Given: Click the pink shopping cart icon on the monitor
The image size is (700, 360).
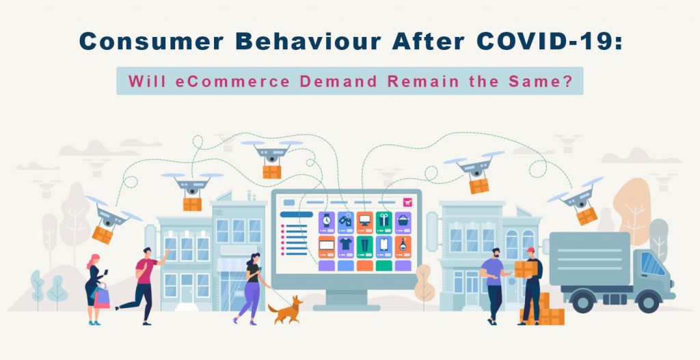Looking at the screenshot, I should pyautogui.click(x=407, y=202).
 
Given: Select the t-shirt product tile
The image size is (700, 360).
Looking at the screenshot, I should pyautogui.click(x=345, y=245).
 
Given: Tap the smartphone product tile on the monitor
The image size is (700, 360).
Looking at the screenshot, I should pyautogui.click(x=383, y=245).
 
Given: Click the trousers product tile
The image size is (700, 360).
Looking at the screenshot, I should pyautogui.click(x=364, y=245).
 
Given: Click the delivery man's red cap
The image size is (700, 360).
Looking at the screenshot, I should pyautogui.click(x=529, y=251).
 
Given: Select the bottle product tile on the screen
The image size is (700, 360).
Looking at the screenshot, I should pyautogui.click(x=403, y=245).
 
